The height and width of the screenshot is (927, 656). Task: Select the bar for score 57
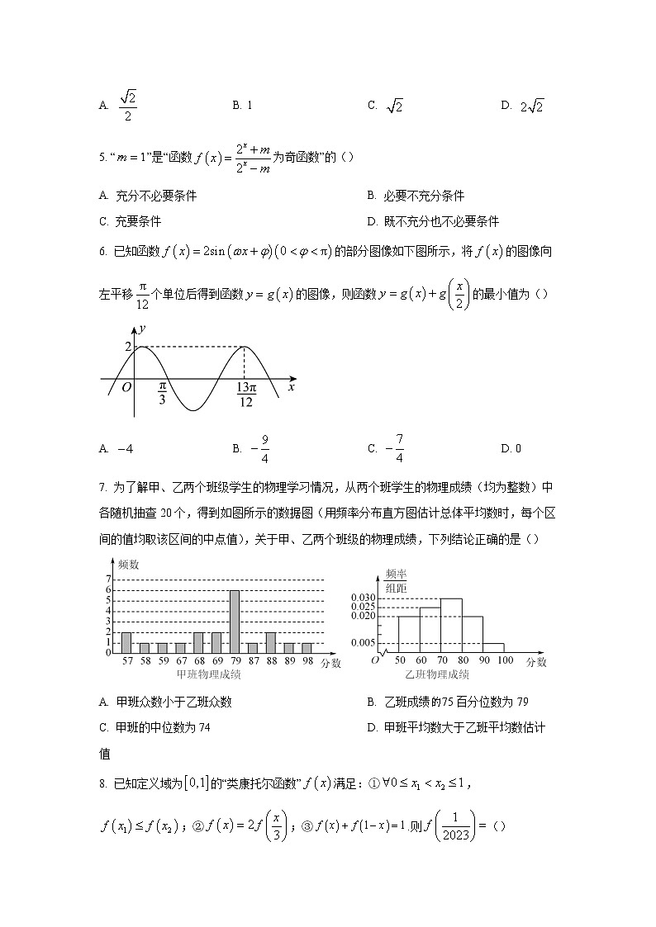126,642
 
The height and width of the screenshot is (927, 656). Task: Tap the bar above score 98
307,647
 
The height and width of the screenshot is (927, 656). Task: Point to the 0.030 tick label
363,598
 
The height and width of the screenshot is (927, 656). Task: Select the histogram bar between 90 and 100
493,647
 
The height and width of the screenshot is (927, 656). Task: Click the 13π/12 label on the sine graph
245,395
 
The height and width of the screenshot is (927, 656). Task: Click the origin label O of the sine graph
126,387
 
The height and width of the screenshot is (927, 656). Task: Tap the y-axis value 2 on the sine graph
128,347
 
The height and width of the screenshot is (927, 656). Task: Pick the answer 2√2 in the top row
532,106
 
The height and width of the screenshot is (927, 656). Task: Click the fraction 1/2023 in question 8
454,826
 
